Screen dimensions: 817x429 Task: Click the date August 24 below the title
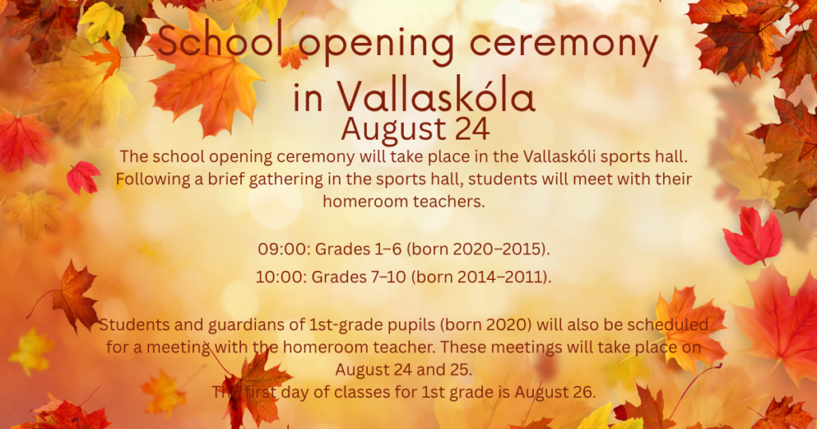coord(415,130)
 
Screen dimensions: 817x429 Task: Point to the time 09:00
coord(284,250)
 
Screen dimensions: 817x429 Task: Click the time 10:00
coord(281,277)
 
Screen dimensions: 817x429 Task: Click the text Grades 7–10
coord(358,277)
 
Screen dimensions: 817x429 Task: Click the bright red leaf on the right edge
coord(752,236)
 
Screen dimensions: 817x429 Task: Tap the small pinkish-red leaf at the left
coord(83,177)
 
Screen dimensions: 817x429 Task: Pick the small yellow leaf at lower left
coord(30,352)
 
